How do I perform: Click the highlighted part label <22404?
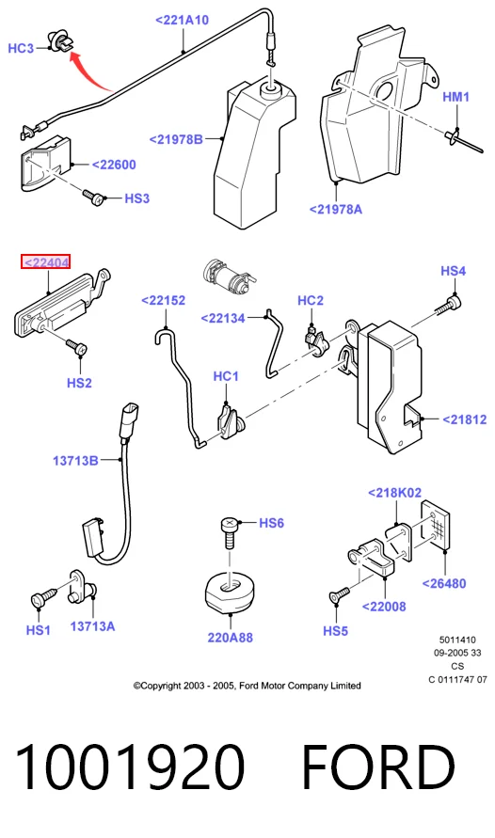coord(45,262)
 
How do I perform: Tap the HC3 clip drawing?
coord(59,41)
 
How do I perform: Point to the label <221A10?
coord(182,21)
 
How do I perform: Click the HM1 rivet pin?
coord(463,139)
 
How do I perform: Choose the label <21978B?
coord(176,139)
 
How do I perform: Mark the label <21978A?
coord(336,209)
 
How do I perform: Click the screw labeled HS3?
coord(92,197)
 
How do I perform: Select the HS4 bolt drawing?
coord(448,307)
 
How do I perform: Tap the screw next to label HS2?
coord(76,346)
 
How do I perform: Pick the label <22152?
coord(163,300)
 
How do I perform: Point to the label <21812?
coord(465,419)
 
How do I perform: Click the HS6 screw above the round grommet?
coord(230,531)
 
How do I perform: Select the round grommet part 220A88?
coord(230,593)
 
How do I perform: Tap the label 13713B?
coord(75,460)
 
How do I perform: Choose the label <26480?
coord(444,583)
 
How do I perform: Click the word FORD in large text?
coord(378,767)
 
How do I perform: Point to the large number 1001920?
coord(129,767)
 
